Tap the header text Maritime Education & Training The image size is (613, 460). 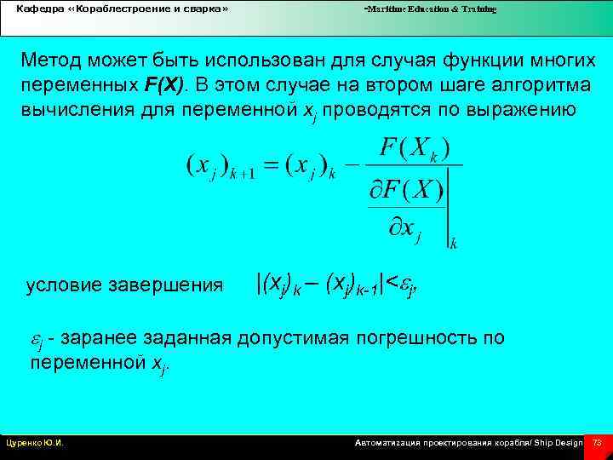point(431,9)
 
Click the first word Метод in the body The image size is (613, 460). point(52,60)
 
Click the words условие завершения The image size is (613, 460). point(124,285)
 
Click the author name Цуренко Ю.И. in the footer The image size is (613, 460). point(35,443)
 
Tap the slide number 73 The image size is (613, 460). point(597,443)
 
